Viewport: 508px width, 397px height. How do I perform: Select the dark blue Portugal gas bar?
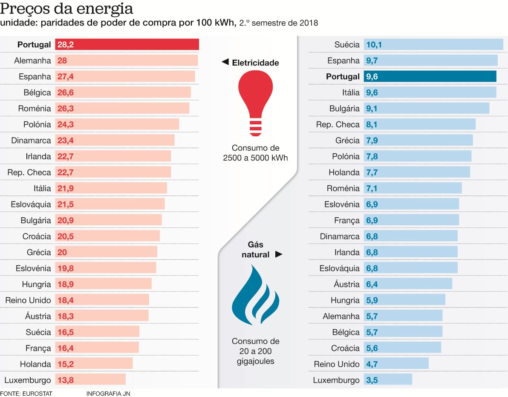[x=430, y=77]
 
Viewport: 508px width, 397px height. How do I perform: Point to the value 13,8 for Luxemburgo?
[x=65, y=380]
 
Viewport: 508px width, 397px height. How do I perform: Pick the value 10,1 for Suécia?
[x=372, y=45]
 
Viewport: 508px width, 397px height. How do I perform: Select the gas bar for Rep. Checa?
[x=419, y=124]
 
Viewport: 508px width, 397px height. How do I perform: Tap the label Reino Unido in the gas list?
[x=337, y=364]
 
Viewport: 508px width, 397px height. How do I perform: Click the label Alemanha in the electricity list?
[x=32, y=60]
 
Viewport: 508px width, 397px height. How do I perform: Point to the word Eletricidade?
[x=255, y=63]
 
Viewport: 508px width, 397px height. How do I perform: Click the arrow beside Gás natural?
[x=279, y=255]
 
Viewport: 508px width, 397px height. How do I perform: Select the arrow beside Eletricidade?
[x=225, y=63]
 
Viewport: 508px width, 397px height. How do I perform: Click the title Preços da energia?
[x=66, y=9]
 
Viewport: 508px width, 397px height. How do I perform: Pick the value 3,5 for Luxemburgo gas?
[x=372, y=380]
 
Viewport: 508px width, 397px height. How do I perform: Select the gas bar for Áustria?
[x=408, y=284]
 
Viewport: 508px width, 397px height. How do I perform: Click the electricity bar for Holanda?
[x=94, y=364]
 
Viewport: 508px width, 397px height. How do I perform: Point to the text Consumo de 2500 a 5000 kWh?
[x=255, y=153]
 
